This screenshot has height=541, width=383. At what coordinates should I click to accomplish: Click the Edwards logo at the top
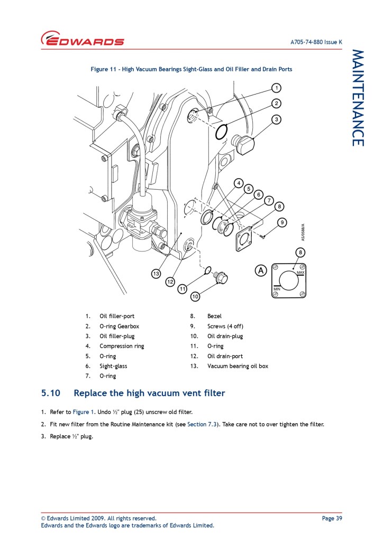(x=83, y=40)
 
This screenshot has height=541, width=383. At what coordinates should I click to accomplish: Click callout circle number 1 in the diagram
(x=276, y=87)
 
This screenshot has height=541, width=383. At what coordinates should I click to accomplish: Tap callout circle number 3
(x=276, y=119)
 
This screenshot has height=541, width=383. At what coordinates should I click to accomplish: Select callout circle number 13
(x=156, y=274)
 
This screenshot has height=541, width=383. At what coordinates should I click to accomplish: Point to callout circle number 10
(x=195, y=297)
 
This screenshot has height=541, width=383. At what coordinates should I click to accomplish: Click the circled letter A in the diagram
(x=260, y=270)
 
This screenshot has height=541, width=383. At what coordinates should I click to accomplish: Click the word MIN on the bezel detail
(x=277, y=289)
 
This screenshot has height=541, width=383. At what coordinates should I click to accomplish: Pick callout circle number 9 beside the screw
(x=282, y=222)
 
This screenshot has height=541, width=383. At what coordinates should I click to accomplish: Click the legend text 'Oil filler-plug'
(x=117, y=336)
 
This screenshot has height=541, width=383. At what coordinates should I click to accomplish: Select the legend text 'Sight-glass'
(x=113, y=366)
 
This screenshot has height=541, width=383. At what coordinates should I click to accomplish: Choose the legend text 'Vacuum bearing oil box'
(x=238, y=366)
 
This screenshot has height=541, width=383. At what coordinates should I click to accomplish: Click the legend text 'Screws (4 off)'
(x=225, y=326)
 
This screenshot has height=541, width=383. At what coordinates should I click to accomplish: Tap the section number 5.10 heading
(x=51, y=393)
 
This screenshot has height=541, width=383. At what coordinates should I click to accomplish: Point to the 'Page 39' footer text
(x=332, y=518)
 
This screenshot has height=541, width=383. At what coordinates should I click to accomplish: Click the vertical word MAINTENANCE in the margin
(x=358, y=98)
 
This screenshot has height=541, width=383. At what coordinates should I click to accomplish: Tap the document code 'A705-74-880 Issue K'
(x=316, y=42)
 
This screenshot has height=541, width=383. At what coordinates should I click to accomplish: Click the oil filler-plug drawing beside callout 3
(x=243, y=143)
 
